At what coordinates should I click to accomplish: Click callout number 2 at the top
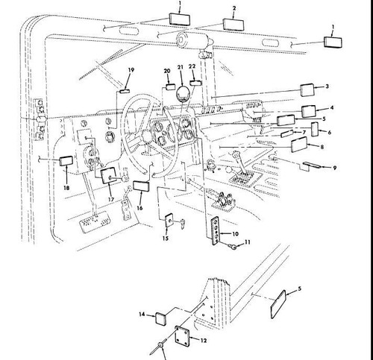(234, 8)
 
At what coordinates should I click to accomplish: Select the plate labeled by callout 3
(307, 90)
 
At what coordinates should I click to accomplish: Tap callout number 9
(335, 168)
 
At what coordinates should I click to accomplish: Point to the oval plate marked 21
(183, 94)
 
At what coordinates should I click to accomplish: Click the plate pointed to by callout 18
(66, 161)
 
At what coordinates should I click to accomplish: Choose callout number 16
(140, 208)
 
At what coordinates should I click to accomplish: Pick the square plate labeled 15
(169, 220)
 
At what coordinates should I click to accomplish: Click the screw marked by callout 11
(233, 246)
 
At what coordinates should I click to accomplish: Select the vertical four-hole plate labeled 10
(216, 231)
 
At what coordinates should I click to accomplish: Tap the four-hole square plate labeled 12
(183, 335)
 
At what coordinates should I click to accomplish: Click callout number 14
(142, 315)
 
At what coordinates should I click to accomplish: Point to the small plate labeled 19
(124, 91)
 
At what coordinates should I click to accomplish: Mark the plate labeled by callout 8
(300, 145)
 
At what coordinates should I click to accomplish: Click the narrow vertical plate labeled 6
(315, 129)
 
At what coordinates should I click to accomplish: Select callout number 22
(192, 66)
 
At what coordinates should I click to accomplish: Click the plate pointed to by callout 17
(109, 175)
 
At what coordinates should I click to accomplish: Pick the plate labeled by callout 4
(309, 111)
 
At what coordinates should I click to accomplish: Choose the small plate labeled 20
(171, 87)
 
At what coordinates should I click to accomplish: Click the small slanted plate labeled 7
(287, 133)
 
